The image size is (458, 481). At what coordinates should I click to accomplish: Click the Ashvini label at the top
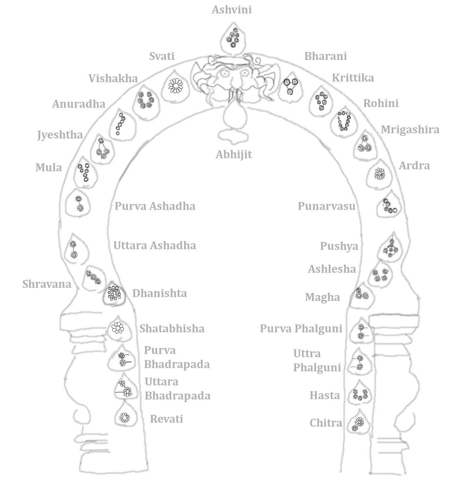(x=232, y=10)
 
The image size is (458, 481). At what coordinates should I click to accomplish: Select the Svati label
(x=162, y=56)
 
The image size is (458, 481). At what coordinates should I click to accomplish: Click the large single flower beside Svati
(x=176, y=85)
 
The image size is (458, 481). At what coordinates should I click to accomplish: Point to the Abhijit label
(x=234, y=154)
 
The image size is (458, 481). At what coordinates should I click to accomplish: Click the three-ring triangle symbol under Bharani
(x=290, y=86)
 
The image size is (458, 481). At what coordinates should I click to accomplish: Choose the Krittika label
(x=353, y=78)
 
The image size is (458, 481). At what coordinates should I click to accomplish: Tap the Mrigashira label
(x=410, y=130)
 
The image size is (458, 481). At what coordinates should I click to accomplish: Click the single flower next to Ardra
(x=379, y=174)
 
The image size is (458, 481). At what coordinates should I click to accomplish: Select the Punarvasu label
(x=326, y=206)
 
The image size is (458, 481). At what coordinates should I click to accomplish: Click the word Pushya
(x=339, y=246)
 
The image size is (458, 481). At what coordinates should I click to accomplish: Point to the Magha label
(x=323, y=297)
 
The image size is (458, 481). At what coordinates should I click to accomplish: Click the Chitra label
(x=326, y=423)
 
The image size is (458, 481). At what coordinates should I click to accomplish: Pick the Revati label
(x=166, y=419)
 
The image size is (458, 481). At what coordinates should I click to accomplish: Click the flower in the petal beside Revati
(x=125, y=418)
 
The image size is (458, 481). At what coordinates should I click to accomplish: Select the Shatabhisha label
(x=172, y=328)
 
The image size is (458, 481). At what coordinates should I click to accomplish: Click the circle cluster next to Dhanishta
(x=114, y=293)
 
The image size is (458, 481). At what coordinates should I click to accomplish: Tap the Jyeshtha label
(x=60, y=135)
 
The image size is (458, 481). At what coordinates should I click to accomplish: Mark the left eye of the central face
(x=225, y=74)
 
